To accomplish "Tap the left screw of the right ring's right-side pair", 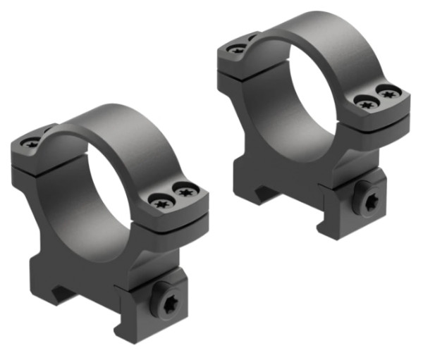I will click(x=365, y=104).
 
